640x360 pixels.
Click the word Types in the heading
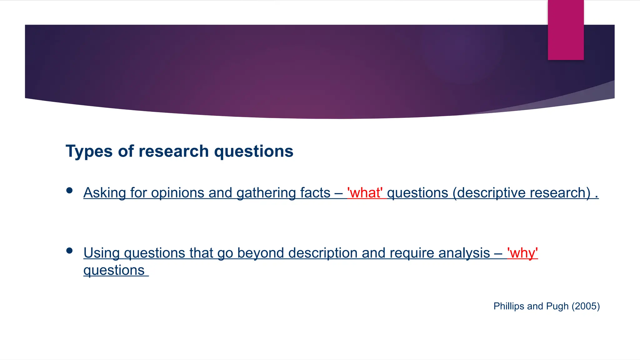(89, 152)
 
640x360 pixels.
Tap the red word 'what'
(365, 193)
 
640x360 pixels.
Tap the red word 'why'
(522, 253)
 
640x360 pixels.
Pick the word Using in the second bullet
(102, 253)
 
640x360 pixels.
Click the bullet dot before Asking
(69, 190)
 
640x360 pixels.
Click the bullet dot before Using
(69, 251)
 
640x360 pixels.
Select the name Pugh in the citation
(557, 306)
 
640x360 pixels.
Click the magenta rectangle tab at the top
(566, 30)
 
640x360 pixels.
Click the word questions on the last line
(114, 271)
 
